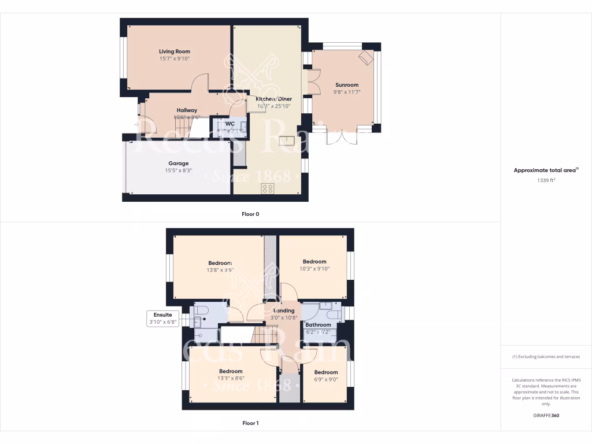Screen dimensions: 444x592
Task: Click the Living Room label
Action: (175, 51)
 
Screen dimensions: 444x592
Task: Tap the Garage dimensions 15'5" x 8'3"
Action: (178, 171)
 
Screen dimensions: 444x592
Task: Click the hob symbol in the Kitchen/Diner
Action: (268, 188)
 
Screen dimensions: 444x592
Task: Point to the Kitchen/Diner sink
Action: (285, 140)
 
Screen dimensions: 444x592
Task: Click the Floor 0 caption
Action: (250, 214)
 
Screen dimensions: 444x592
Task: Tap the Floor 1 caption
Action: (250, 423)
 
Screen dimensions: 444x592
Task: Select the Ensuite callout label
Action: (163, 314)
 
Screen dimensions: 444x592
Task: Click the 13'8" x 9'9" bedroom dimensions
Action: (220, 269)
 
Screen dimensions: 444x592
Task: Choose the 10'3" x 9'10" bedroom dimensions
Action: (314, 268)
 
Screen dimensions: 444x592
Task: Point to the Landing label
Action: (283, 310)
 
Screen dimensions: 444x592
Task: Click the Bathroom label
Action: (319, 325)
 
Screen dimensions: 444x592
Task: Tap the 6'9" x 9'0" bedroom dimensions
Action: (326, 379)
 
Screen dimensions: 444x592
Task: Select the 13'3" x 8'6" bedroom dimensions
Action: (231, 378)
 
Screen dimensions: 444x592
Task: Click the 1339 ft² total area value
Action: (546, 180)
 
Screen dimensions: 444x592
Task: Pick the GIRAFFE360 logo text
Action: (546, 415)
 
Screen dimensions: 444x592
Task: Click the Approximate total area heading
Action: (545, 170)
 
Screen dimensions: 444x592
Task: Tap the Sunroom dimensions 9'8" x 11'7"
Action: (346, 91)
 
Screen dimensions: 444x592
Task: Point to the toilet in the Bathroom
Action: (332, 314)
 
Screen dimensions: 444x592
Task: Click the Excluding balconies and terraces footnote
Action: (546, 357)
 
